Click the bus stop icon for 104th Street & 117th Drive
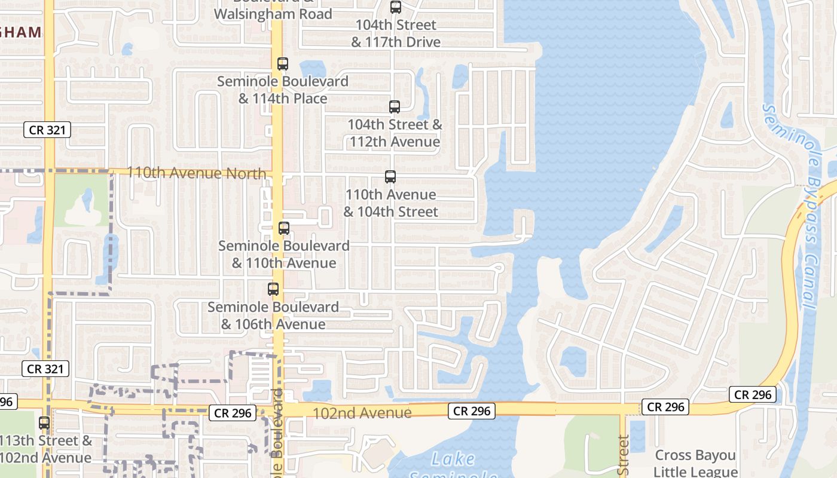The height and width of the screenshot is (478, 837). [395, 7]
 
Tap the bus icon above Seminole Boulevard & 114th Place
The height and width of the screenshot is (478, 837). [283, 64]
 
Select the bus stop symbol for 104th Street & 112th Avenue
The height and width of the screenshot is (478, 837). [395, 107]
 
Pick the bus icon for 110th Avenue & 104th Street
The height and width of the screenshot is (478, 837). [390, 177]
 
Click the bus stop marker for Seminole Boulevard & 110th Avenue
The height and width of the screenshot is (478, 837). [284, 228]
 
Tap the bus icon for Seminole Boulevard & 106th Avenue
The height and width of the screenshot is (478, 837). [273, 289]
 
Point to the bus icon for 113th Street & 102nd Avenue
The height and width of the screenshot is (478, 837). [44, 423]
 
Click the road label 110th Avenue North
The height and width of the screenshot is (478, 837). [197, 173]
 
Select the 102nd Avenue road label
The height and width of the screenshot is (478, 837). [362, 413]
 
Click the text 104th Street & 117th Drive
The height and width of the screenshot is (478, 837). [395, 33]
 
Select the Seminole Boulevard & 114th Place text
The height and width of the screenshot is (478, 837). [283, 90]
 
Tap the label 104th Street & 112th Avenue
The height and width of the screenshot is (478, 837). [395, 133]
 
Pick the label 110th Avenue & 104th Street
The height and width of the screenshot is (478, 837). [391, 203]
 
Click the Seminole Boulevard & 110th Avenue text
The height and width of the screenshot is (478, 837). [284, 255]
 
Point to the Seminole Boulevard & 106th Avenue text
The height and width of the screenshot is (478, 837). [273, 315]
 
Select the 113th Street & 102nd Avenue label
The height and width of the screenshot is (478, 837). [47, 449]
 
